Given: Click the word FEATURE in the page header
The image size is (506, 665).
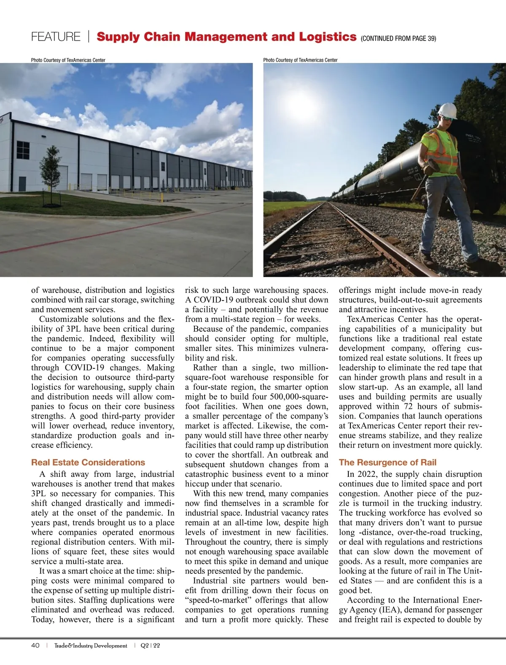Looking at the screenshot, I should [x=56, y=37].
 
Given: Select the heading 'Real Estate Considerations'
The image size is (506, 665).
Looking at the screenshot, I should [x=88, y=462].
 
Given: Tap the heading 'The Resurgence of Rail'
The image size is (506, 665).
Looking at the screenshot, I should [x=388, y=462].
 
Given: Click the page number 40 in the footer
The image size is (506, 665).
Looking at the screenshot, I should [x=35, y=646].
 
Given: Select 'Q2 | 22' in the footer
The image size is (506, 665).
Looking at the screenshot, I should [x=151, y=646].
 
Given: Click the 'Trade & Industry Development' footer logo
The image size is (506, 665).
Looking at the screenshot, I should [x=91, y=646].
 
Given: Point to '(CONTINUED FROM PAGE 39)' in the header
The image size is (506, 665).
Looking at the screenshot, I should [x=398, y=38].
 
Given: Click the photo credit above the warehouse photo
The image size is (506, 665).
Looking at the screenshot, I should [x=68, y=60].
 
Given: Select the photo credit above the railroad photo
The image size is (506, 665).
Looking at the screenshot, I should [x=300, y=60].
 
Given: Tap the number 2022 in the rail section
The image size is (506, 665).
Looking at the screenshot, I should [x=366, y=474].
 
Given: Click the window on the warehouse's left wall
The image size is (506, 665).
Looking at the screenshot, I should [x=23, y=150].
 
